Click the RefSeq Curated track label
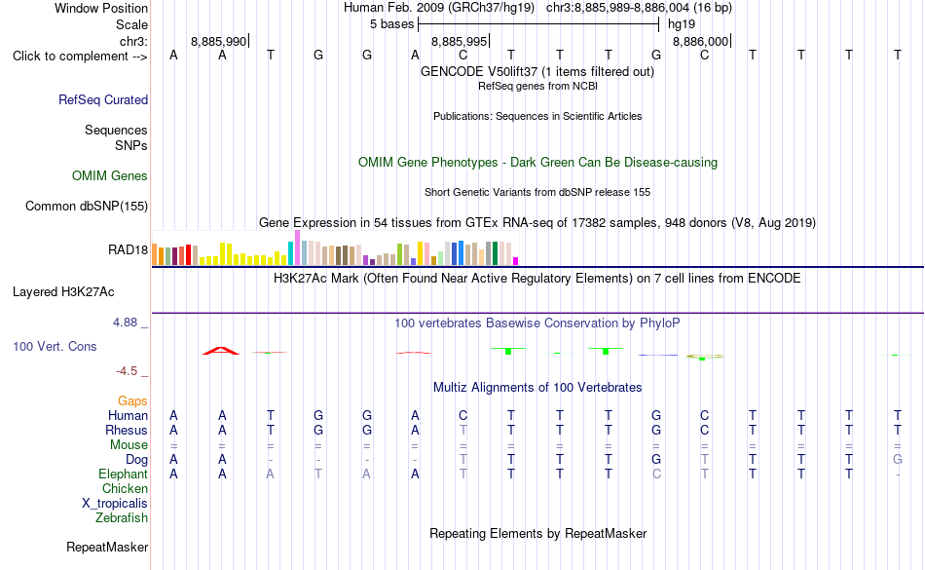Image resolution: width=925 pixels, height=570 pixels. pyautogui.click(x=103, y=99)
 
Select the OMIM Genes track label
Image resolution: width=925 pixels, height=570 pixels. pyautogui.click(x=110, y=175)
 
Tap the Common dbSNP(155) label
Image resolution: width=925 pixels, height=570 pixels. pyautogui.click(x=87, y=206)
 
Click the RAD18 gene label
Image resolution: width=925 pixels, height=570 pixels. pyautogui.click(x=128, y=249)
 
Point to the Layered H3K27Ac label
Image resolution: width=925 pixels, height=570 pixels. pyautogui.click(x=63, y=292)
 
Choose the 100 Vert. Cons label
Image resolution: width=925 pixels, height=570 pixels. pyautogui.click(x=55, y=346)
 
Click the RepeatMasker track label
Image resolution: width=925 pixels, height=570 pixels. pyautogui.click(x=107, y=547)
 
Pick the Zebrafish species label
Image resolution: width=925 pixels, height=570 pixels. pyautogui.click(x=122, y=517)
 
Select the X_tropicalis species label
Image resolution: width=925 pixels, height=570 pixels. pyautogui.click(x=115, y=504)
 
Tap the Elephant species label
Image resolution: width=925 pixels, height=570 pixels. pyautogui.click(x=124, y=474)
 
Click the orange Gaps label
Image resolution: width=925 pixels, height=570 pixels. pyautogui.click(x=132, y=401)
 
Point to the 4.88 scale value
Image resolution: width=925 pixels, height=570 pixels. pyautogui.click(x=125, y=323)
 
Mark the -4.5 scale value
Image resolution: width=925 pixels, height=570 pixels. pyautogui.click(x=127, y=370)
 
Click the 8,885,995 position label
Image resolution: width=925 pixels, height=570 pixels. pyautogui.click(x=460, y=41)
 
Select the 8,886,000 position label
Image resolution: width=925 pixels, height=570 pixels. pyautogui.click(x=701, y=41)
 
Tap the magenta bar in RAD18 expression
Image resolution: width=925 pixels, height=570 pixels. pyautogui.click(x=516, y=261)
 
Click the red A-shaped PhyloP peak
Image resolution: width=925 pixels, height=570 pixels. pyautogui.click(x=221, y=351)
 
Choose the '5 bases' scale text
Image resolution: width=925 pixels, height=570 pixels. pyautogui.click(x=392, y=24)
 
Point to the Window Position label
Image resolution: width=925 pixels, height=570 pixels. pyautogui.click(x=101, y=8)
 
